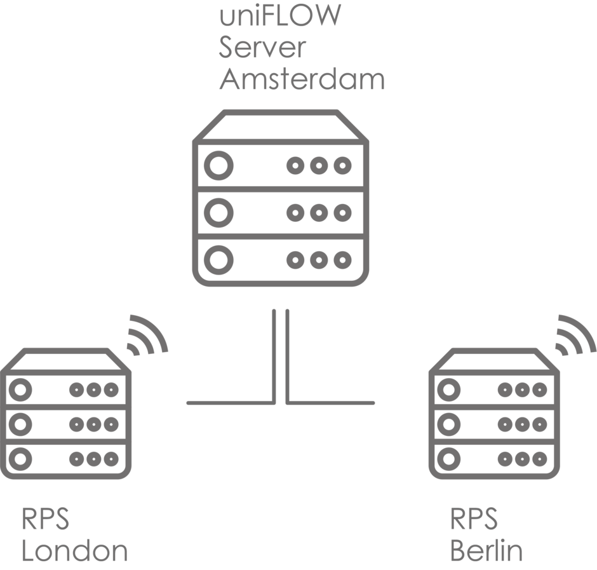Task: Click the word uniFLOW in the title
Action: (x=279, y=17)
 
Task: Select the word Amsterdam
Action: (x=301, y=80)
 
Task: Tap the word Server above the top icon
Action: (x=263, y=48)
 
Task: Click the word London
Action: (x=74, y=550)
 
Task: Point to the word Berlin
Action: (x=486, y=550)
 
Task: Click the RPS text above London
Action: (x=45, y=519)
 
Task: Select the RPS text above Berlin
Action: (x=474, y=519)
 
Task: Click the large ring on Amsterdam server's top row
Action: (x=218, y=166)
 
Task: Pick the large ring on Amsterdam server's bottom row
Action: (x=218, y=260)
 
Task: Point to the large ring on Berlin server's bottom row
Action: (x=449, y=457)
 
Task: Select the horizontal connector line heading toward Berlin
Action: (x=332, y=402)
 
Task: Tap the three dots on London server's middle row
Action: (x=94, y=423)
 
